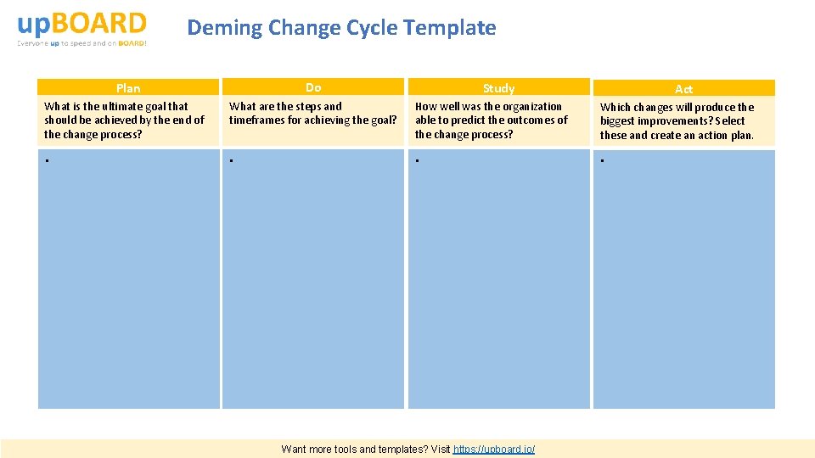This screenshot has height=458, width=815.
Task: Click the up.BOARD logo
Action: (x=82, y=28)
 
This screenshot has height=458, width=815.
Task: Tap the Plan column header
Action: (x=128, y=88)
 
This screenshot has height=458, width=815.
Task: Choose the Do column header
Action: (x=313, y=87)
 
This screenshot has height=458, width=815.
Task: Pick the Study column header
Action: (x=498, y=88)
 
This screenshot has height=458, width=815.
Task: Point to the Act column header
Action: (x=683, y=89)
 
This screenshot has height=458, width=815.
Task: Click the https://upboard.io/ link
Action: (x=494, y=449)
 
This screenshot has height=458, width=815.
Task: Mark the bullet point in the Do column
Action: (x=232, y=160)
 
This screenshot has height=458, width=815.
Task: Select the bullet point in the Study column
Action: (x=417, y=160)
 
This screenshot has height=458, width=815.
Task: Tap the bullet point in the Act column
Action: (x=602, y=160)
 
